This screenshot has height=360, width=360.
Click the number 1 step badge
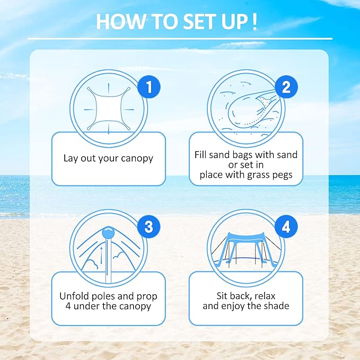[148, 87]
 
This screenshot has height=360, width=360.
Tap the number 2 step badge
[286, 87]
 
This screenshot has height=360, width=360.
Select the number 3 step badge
[148, 226]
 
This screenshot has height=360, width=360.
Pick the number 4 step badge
[286, 227]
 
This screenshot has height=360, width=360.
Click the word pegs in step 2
[281, 174]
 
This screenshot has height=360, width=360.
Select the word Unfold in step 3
[75, 296]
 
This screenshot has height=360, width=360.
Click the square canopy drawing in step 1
[108, 106]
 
